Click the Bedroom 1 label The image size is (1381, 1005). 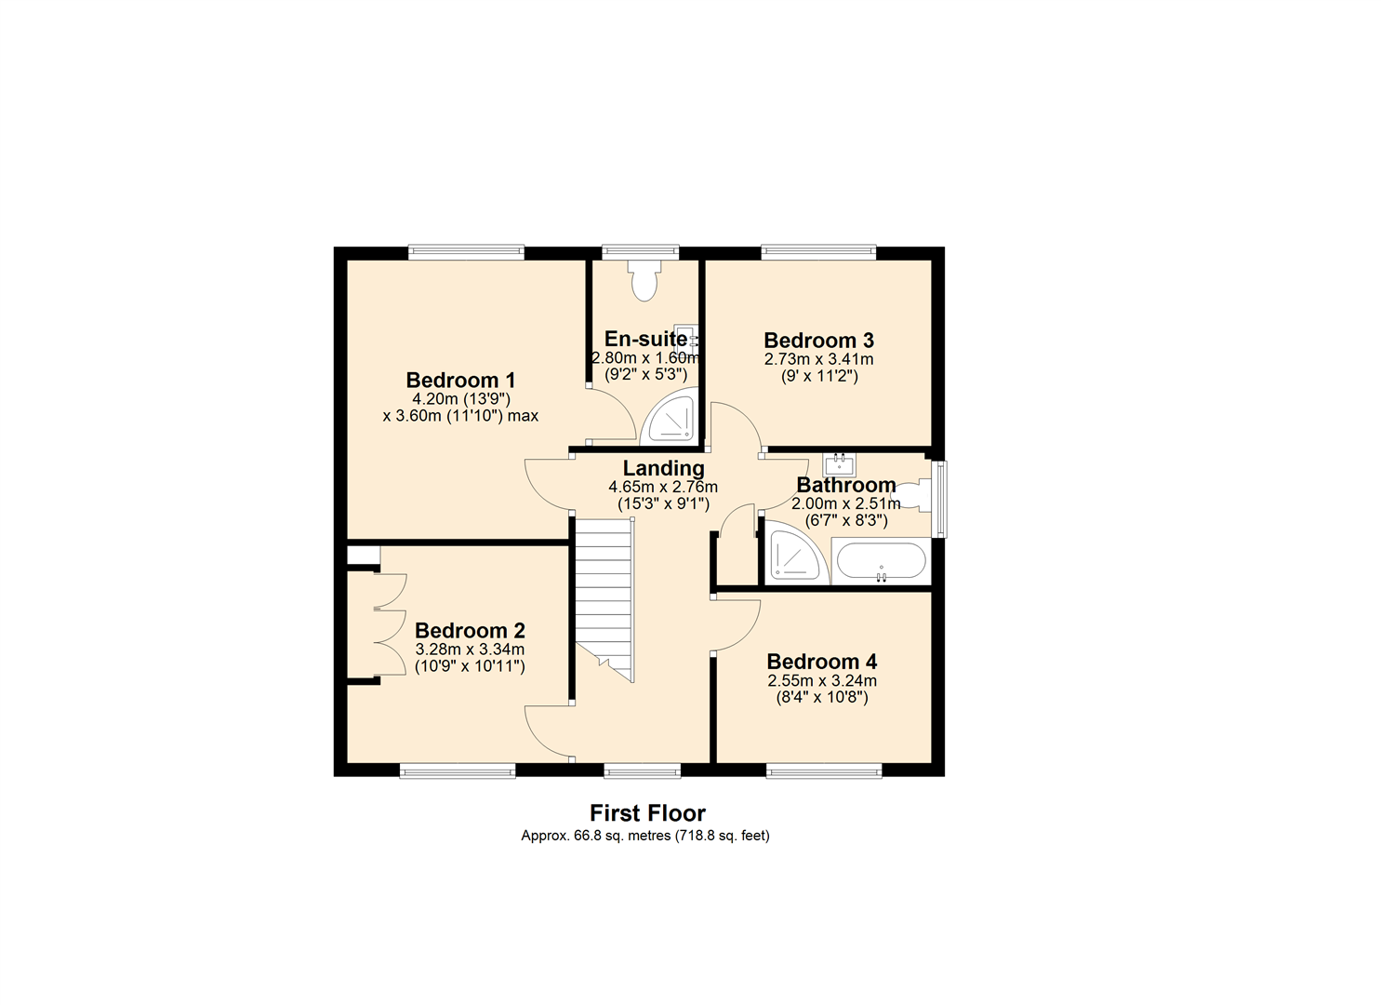click(460, 380)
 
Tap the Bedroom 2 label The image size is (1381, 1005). click(470, 631)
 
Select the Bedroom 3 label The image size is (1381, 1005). click(818, 340)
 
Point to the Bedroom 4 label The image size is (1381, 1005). click(822, 662)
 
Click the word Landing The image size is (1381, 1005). click(663, 469)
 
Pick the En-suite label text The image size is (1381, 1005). click(645, 339)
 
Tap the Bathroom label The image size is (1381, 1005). click(846, 485)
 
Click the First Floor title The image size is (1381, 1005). click(647, 813)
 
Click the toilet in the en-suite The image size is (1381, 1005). click(644, 281)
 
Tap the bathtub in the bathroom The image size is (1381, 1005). click(881, 561)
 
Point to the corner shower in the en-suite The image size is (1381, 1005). click(671, 419)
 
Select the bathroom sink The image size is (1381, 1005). click(839, 464)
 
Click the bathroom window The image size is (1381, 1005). click(939, 499)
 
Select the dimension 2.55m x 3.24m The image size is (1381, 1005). click(822, 681)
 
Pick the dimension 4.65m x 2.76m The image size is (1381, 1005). click(663, 488)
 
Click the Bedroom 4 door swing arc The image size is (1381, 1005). click(749, 636)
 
